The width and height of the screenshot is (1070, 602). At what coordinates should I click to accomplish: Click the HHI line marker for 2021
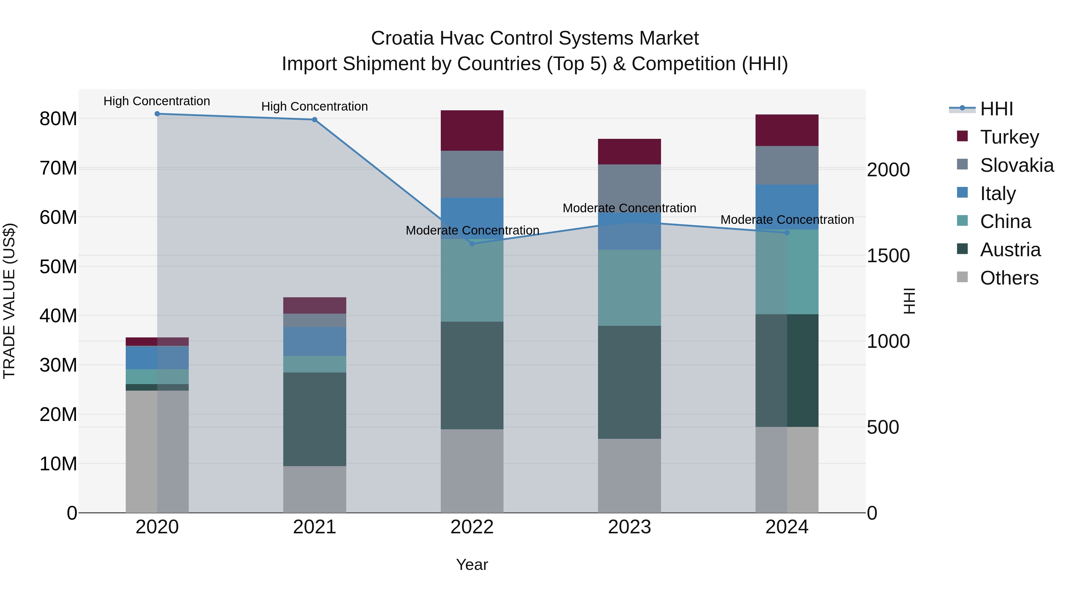click(314, 120)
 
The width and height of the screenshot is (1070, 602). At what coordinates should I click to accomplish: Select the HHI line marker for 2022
click(472, 244)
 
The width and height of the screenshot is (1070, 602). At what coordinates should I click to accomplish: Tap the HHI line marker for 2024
click(787, 233)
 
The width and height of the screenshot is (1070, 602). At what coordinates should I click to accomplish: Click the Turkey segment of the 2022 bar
click(472, 131)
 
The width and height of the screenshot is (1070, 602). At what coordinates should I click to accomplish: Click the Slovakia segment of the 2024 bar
click(787, 165)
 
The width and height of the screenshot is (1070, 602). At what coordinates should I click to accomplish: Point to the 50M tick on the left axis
click(58, 267)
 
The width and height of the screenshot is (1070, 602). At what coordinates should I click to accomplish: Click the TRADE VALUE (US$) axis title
click(9, 301)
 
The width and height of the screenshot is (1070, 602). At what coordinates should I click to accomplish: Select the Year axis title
click(472, 565)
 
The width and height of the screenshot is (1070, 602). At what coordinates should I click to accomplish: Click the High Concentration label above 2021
click(314, 106)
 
